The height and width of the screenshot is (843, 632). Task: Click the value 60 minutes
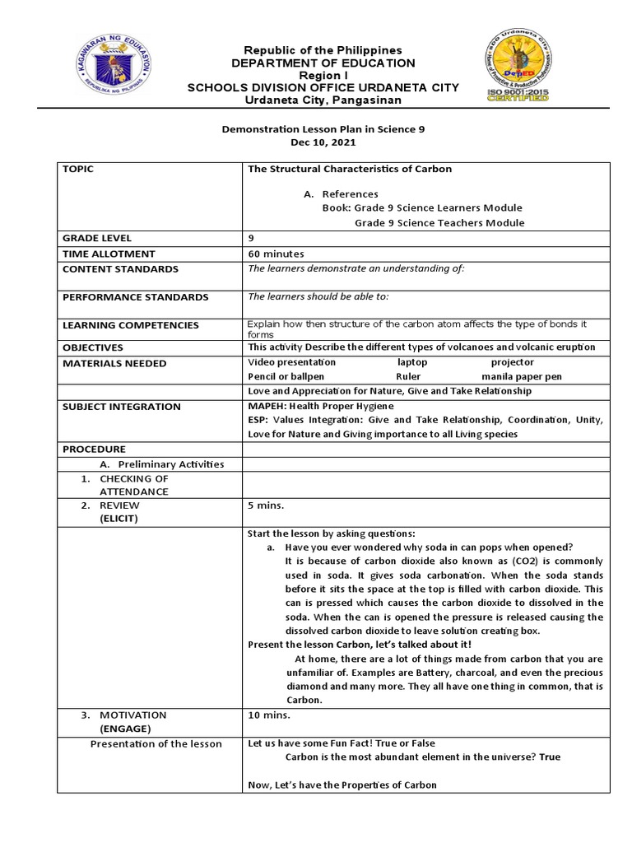coord(276,254)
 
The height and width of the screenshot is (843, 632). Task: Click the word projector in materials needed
coord(512,362)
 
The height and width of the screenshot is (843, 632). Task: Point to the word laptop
coord(412,362)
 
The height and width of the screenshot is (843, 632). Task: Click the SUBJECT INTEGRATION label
coord(121,407)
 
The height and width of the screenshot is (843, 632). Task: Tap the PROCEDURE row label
coord(94,449)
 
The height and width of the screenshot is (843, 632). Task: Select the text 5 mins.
coord(265,505)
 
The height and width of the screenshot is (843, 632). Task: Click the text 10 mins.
coord(267,715)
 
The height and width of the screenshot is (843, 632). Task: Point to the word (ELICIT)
coord(119,519)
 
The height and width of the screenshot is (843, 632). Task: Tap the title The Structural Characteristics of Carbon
coord(350,170)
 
